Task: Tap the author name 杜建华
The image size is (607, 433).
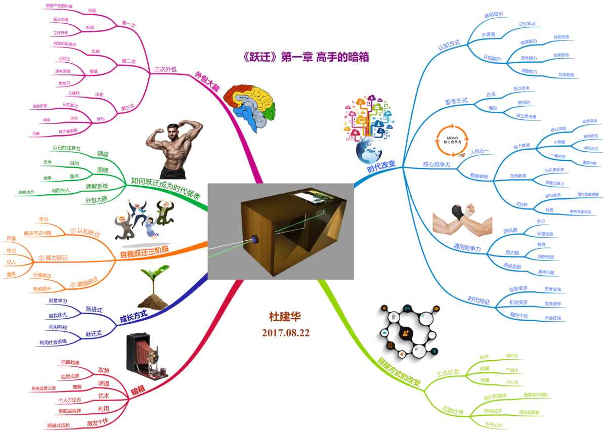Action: tap(285, 317)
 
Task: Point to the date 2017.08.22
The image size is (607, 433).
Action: tap(286, 333)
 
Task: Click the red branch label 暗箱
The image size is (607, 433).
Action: tap(138, 391)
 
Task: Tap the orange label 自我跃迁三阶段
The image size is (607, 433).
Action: tap(144, 251)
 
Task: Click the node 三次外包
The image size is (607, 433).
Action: tap(165, 69)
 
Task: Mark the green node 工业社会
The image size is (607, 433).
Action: tap(448, 372)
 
